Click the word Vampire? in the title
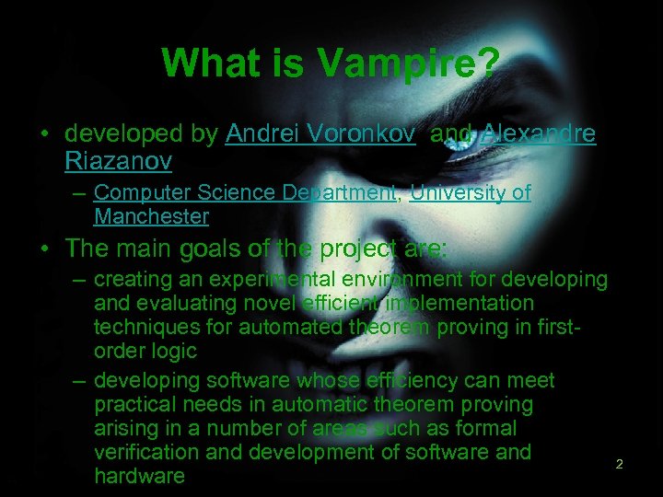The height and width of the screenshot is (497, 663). (410, 64)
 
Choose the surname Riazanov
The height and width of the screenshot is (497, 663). (118, 162)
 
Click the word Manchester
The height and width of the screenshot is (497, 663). (151, 217)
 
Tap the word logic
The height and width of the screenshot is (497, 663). (174, 351)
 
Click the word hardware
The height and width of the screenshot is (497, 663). (139, 476)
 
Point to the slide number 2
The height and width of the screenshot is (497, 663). (619, 465)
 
